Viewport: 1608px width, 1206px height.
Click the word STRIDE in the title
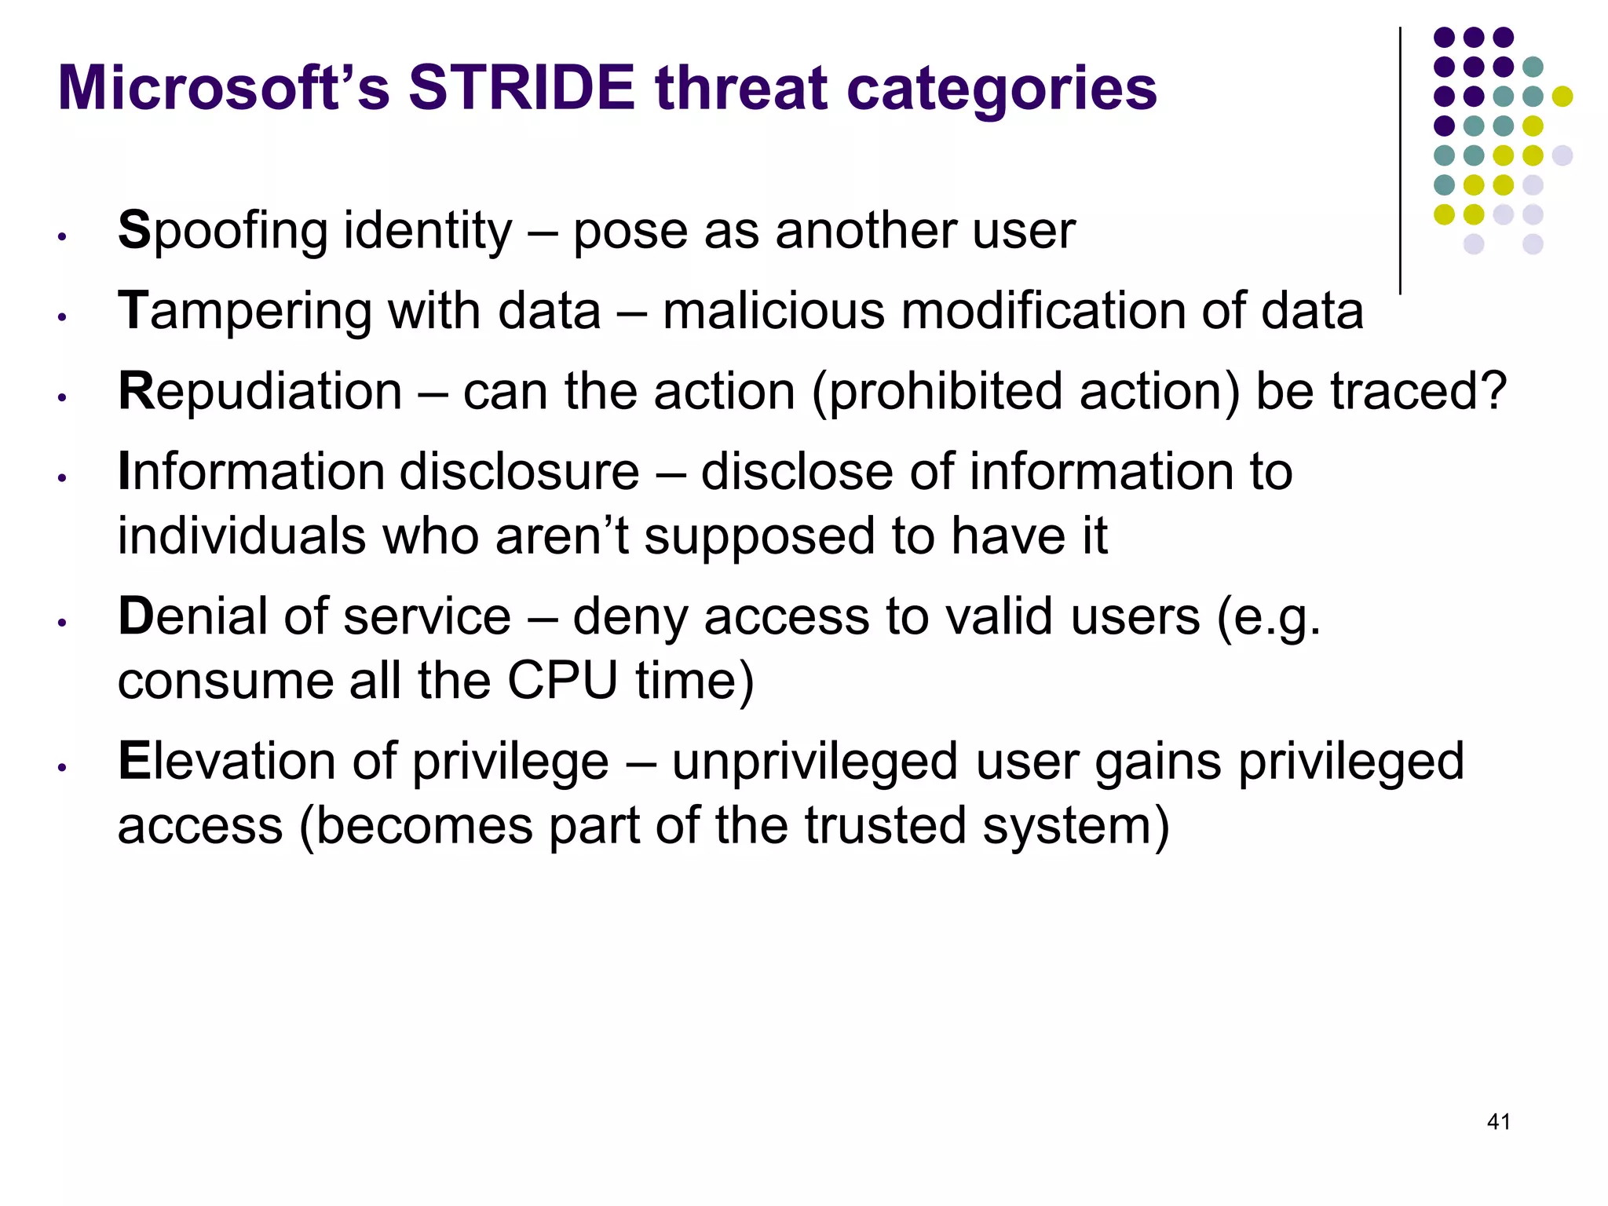click(521, 88)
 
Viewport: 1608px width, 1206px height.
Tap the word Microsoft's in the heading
click(224, 88)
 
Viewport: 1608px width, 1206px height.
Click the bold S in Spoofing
click(133, 231)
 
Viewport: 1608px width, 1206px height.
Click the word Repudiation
click(260, 392)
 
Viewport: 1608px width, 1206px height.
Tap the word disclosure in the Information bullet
click(519, 472)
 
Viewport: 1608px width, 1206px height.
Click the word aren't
click(562, 536)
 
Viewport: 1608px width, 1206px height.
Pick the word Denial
click(193, 616)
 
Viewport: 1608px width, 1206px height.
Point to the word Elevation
click(228, 762)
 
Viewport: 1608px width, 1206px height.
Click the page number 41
click(1498, 1122)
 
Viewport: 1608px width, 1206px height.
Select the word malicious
click(773, 312)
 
